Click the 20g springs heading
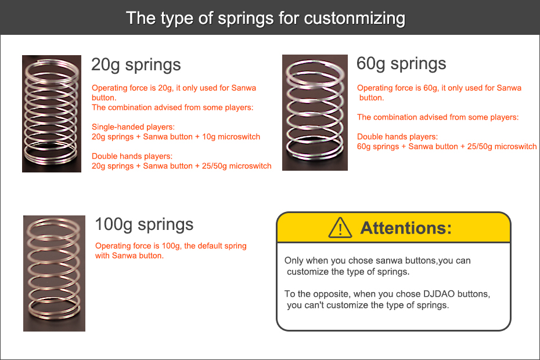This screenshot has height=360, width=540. (136, 65)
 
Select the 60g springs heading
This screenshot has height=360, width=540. (401, 64)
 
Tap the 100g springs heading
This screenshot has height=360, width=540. (144, 225)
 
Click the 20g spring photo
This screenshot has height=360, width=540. (52, 114)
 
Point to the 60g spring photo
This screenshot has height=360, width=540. (315, 113)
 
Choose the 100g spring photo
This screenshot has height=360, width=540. (54, 273)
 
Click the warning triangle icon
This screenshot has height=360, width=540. (340, 228)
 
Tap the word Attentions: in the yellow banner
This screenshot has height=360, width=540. (406, 228)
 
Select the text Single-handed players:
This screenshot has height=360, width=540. (133, 127)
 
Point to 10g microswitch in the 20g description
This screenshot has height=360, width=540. (231, 137)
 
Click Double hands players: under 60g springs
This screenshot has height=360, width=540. (397, 137)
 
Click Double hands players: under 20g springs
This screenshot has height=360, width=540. (132, 156)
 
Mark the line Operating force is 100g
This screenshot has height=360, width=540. (138, 246)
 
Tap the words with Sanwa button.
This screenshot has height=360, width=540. (129, 255)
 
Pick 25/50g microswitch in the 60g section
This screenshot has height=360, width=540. (502, 146)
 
